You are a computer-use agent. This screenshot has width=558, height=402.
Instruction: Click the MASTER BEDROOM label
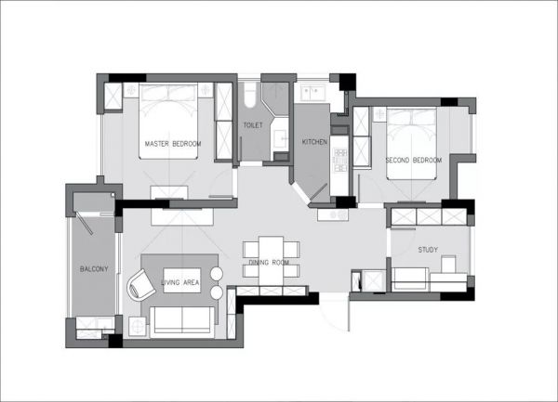[x=173, y=144]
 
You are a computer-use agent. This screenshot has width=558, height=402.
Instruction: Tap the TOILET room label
[x=253, y=125]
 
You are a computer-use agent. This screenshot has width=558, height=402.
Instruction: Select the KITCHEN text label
[x=314, y=142]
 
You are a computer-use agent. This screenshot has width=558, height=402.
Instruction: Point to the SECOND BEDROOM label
[x=414, y=161]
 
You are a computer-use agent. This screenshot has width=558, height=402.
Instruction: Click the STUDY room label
[x=428, y=250]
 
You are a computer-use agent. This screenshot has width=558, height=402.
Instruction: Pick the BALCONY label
[x=94, y=269]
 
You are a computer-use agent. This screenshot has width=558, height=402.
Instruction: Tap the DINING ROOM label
[x=269, y=263]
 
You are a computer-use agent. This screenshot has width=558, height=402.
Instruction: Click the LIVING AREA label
[x=180, y=282]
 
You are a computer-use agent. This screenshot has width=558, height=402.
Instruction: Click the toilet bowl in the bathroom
[x=250, y=95]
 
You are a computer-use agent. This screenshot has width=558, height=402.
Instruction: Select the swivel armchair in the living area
[x=140, y=285]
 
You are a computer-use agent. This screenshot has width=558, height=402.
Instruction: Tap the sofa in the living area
[x=182, y=322]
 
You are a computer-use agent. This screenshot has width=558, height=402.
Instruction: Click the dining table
[x=271, y=261]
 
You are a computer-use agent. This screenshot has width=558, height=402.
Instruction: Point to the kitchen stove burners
[x=339, y=160]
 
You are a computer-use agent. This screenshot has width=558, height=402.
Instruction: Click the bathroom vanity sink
[x=281, y=136]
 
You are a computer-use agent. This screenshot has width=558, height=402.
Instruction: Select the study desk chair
[x=448, y=265]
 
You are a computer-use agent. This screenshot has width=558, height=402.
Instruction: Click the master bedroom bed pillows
[x=168, y=93]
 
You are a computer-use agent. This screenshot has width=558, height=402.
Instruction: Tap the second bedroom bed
[x=411, y=144]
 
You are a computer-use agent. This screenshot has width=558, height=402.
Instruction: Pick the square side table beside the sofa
[x=138, y=326]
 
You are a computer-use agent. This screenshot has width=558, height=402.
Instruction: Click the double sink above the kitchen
[x=313, y=93]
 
